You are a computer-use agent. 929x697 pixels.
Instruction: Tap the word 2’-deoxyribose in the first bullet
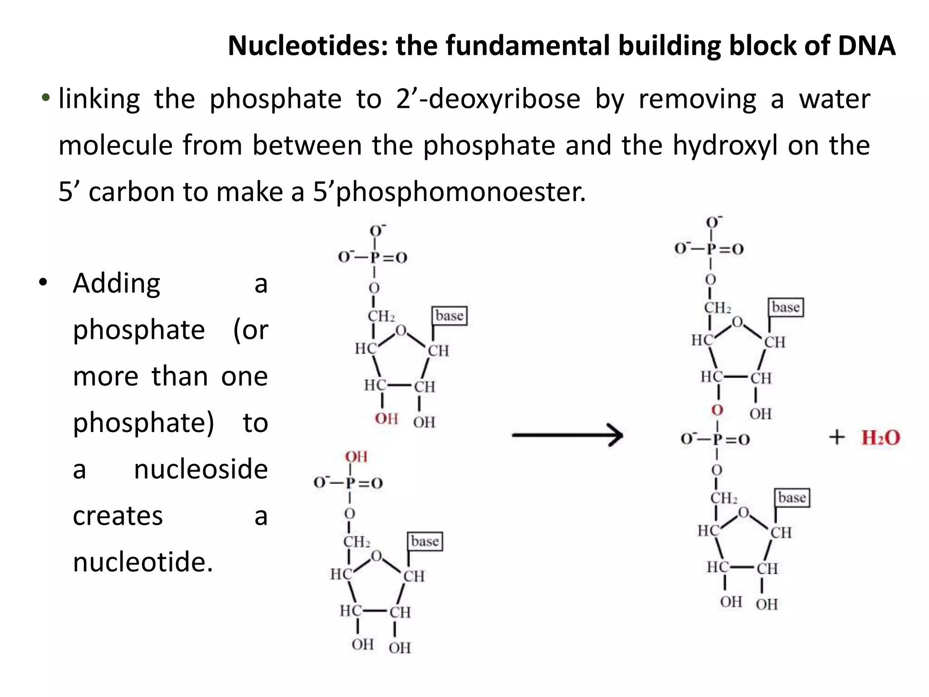pos(488,99)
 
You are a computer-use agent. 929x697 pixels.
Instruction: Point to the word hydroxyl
pos(724,145)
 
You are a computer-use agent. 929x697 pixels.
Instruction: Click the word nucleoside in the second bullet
pos(200,469)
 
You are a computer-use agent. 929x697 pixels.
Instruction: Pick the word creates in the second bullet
pos(117,515)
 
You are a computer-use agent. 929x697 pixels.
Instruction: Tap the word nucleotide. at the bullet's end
pos(143,562)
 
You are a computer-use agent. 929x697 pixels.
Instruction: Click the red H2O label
pos(880,437)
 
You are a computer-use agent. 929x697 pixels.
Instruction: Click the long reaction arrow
pos(567,435)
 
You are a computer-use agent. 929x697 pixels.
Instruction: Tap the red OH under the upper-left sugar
pos(386,418)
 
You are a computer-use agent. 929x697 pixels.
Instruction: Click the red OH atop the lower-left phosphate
pos(356,456)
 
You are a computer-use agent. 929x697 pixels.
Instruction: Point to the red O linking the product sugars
pos(717,410)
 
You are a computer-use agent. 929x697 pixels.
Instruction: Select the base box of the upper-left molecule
pos(449,315)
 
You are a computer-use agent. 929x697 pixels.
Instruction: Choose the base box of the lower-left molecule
pos(425,541)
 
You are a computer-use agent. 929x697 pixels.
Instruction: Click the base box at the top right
pos(786,307)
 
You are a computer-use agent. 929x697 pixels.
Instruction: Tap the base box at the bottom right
pos(792,497)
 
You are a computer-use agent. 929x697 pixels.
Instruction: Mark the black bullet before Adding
pos(43,282)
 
